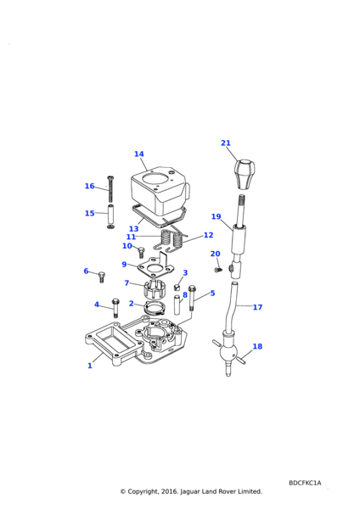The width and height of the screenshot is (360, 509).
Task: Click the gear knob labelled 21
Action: click(245, 174)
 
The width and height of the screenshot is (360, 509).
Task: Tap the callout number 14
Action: click(139, 154)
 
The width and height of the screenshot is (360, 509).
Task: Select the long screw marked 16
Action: click(110, 188)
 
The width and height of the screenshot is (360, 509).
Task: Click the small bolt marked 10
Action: click(141, 252)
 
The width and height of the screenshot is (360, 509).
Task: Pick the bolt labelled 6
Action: click(101, 277)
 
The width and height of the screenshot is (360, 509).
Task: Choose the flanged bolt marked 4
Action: click(115, 306)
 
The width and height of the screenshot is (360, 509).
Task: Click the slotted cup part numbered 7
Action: click(155, 290)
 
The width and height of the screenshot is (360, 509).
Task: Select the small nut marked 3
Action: click(177, 288)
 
